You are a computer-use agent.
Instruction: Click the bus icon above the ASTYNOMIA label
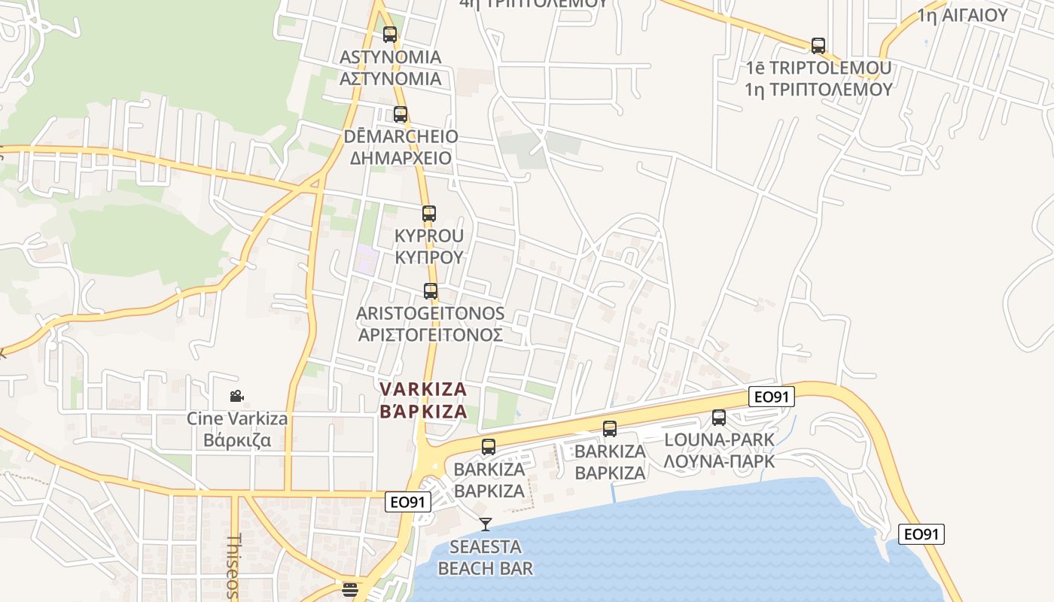390,34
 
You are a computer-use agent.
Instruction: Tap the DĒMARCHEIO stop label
401,137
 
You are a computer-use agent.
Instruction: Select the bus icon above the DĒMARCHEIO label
401,114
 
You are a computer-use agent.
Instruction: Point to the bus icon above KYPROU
429,214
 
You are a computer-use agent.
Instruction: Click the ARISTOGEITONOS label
430,313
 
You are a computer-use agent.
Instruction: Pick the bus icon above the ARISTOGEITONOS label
431,290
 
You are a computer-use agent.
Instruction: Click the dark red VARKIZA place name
424,390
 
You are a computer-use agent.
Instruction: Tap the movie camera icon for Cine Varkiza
237,397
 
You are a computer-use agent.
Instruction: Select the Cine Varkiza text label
237,418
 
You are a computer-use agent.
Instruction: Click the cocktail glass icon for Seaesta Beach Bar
486,524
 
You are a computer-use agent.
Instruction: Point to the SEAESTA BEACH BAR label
486,558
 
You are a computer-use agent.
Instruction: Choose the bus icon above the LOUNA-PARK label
719,417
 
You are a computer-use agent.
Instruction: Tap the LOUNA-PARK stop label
719,439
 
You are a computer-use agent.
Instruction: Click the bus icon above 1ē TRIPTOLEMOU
818,46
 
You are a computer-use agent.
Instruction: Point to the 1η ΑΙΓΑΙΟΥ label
962,14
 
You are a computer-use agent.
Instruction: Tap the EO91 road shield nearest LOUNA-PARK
772,397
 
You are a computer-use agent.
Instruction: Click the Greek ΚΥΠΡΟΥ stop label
429,257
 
